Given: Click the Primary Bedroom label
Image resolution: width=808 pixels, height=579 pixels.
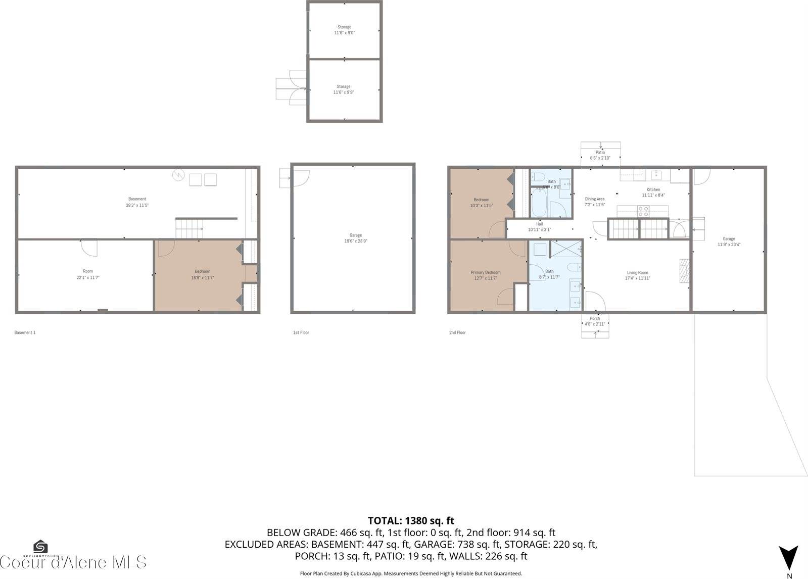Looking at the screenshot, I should (486, 272).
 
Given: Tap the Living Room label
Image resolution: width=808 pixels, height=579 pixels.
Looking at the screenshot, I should (637, 272).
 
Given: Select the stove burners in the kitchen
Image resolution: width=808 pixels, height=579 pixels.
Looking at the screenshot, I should (643, 211).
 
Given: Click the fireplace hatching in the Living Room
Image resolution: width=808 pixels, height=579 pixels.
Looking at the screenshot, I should (684, 273).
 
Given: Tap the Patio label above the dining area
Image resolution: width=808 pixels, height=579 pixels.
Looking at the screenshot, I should (600, 152).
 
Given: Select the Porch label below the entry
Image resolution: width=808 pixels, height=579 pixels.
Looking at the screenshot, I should (595, 318).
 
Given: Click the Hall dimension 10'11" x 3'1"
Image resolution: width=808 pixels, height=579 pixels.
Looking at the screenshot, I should (539, 229).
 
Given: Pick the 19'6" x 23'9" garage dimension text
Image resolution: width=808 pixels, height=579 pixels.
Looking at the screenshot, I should (355, 241).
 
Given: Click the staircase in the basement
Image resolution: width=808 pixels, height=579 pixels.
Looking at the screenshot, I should (189, 228).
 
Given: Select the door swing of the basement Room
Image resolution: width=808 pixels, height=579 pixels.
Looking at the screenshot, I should (88, 248).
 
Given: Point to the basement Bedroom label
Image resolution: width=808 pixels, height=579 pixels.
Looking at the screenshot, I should (203, 271).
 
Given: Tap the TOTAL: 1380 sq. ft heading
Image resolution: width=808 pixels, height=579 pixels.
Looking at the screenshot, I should (410, 520).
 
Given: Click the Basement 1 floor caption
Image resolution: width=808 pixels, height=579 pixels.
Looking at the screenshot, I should (25, 332).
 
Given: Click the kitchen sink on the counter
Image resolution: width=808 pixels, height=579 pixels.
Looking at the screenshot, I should (656, 175).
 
